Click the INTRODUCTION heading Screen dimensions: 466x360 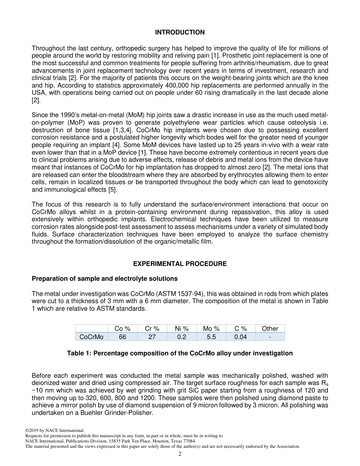[x=180, y=33]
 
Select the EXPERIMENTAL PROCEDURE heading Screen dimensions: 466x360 [x=180, y=264]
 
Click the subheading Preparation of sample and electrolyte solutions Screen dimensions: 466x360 [x=105, y=278]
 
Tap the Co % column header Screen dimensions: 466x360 [x=122, y=328]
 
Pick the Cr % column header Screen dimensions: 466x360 [x=152, y=328]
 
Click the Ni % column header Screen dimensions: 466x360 [x=182, y=328]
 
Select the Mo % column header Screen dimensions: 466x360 [x=211, y=328]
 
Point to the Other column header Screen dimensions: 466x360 [x=270, y=328]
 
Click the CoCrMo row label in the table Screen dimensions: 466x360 [x=91, y=337]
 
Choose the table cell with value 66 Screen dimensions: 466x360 [x=122, y=337]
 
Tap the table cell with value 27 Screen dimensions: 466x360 [x=152, y=337]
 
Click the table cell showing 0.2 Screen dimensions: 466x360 [x=182, y=337]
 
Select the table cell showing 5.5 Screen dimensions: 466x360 [x=211, y=337]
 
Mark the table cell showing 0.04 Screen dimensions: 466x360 [x=240, y=337]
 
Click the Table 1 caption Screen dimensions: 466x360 [x=180, y=353]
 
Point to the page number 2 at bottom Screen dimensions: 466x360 [x=180, y=454]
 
